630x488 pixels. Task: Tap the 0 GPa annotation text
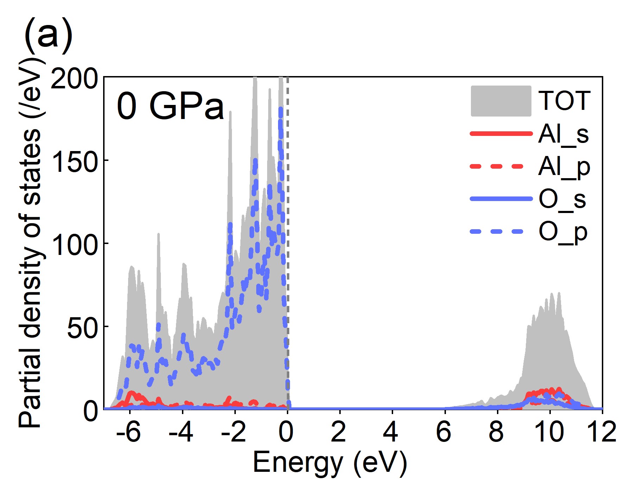170,106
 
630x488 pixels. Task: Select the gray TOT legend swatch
501,101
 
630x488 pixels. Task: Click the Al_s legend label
563,134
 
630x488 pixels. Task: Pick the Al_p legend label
564,167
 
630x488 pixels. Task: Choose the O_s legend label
562,199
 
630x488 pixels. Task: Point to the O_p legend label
563,232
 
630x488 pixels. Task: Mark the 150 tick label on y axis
74,162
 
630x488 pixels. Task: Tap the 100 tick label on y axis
74,245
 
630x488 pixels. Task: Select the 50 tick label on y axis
82,328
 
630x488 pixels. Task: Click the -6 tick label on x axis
128,432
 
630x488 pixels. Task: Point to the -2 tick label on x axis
233,432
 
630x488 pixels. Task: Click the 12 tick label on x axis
601,432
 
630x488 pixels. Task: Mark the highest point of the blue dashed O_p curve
281,109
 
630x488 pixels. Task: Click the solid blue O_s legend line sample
501,199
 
